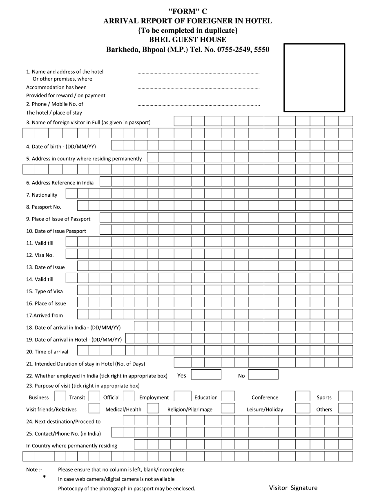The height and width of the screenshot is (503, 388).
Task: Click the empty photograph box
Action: (314, 77)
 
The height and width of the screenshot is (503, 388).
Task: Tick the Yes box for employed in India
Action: (206, 375)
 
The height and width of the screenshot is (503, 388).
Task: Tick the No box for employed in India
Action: (263, 375)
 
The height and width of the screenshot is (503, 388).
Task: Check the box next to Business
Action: (60, 396)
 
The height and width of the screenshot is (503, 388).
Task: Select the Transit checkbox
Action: (94, 396)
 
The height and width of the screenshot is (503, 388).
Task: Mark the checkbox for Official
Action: (129, 396)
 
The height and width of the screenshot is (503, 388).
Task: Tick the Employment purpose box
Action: (183, 396)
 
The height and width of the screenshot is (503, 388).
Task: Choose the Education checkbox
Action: (228, 396)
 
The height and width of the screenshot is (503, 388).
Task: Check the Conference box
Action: (303, 396)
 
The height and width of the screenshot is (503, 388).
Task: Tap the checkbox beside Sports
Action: (346, 396)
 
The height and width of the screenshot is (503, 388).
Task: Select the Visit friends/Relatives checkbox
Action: (94, 409)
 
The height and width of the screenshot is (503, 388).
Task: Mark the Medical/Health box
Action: (153, 409)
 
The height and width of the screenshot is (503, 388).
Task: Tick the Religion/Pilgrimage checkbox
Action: (228, 409)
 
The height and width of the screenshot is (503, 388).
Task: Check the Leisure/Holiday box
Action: (303, 409)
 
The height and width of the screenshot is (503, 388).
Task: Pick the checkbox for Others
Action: (346, 409)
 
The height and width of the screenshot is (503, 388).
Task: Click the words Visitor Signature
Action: (293, 488)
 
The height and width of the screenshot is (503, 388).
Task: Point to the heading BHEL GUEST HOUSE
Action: (187, 40)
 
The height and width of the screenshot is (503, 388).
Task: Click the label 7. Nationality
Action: (42, 195)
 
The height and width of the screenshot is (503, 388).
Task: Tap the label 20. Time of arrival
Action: (47, 352)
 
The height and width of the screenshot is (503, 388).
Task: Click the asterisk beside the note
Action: (44, 477)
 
